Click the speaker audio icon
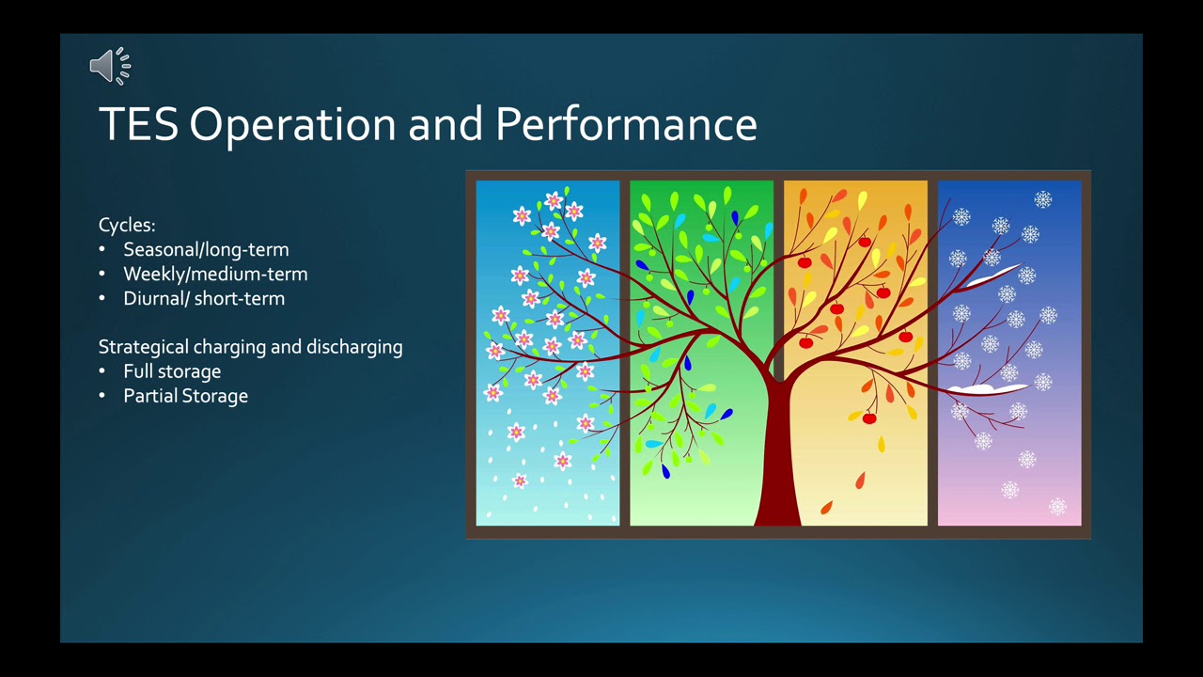(110, 66)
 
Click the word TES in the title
(138, 124)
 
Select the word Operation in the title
(292, 125)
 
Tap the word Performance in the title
(626, 124)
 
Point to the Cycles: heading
(127, 225)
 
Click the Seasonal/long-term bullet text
(206, 250)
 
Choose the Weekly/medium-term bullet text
(215, 274)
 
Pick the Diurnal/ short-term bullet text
(204, 299)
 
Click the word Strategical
(144, 347)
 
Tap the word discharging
(354, 347)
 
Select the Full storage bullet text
(172, 371)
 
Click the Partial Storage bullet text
(186, 396)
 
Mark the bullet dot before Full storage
(102, 371)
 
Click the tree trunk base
(777, 516)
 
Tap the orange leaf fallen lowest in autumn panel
(826, 507)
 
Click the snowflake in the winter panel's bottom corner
(1057, 507)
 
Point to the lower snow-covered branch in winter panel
(987, 389)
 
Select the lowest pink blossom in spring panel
(520, 480)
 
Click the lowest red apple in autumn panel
(869, 418)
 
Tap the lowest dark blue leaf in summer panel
(666, 472)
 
